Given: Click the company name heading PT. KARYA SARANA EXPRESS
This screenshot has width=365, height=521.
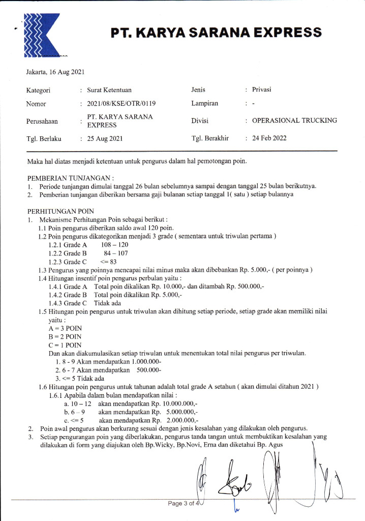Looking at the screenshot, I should pyautogui.click(x=217, y=33).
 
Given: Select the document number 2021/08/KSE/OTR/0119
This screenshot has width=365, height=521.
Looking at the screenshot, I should pyautogui.click(x=121, y=103).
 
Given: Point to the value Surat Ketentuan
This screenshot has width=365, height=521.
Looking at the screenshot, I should pyautogui.click(x=109, y=90).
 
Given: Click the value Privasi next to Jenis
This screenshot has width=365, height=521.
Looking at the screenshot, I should pyautogui.click(x=262, y=90).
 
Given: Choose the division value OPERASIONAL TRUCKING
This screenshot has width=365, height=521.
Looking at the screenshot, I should pyautogui.click(x=294, y=121).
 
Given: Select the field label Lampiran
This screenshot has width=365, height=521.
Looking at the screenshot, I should pyautogui.click(x=205, y=103).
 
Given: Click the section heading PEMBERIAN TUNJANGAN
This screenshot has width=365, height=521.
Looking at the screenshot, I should pyautogui.click(x=71, y=178).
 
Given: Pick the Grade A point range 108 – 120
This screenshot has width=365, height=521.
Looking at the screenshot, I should pyautogui.click(x=114, y=244).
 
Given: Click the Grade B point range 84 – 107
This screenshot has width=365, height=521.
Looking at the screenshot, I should pyautogui.click(x=116, y=252).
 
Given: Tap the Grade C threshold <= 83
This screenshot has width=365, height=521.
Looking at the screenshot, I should pyautogui.click(x=109, y=261).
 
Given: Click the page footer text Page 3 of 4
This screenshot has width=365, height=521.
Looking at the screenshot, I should pyautogui.click(x=182, y=504).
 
